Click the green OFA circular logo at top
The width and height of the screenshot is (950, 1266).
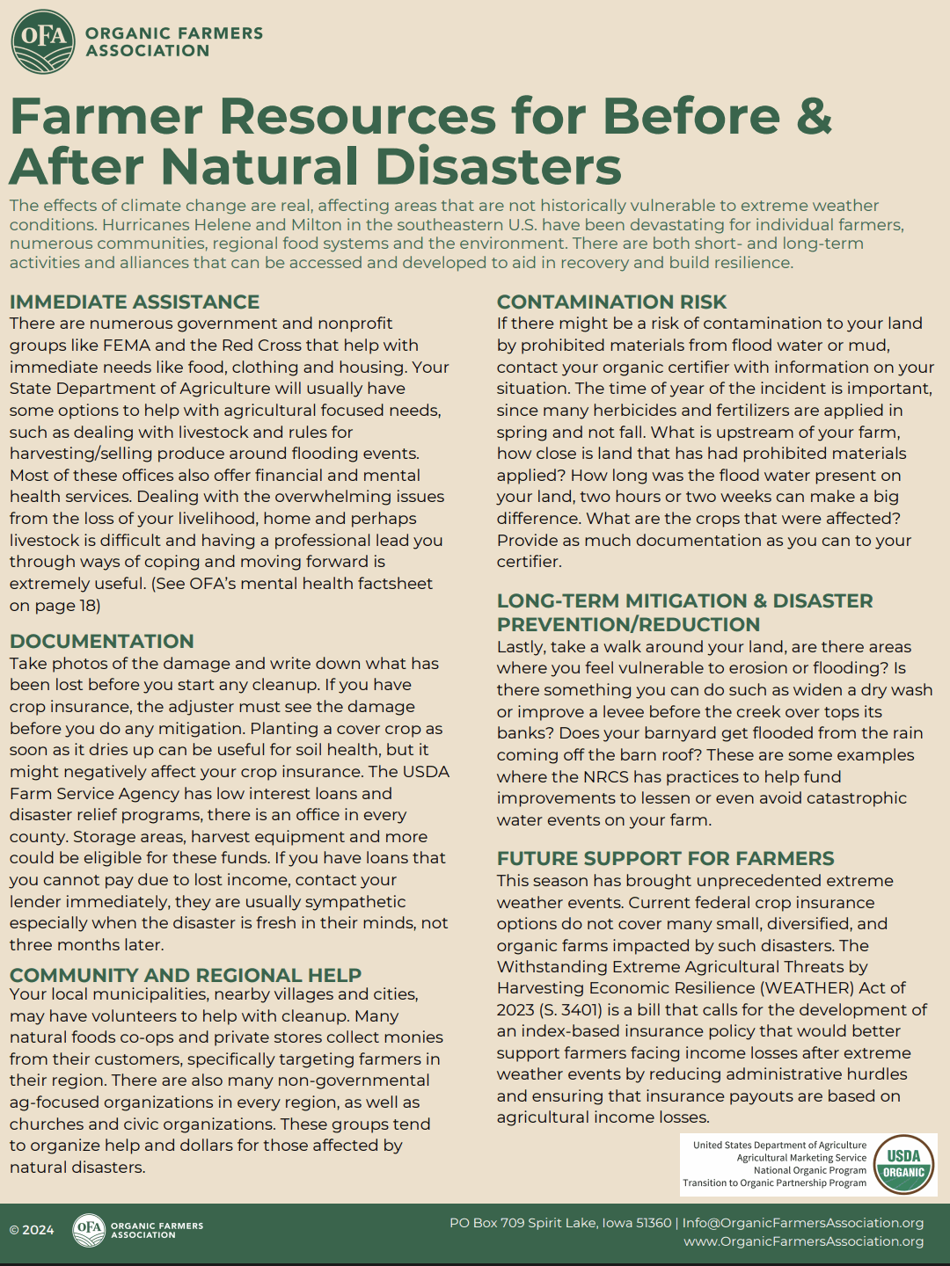[43, 41]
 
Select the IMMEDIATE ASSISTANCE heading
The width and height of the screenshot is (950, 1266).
[135, 302]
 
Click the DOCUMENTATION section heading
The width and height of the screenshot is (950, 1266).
[102, 642]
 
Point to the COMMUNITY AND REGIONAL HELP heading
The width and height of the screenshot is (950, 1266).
[186, 975]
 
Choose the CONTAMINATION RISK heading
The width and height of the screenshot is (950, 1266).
[611, 302]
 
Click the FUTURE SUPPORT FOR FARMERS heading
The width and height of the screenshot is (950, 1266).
[666, 859]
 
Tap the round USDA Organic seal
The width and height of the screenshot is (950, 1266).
[903, 1165]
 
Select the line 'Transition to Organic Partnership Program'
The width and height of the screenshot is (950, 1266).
[774, 1183]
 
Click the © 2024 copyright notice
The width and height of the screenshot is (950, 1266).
[32, 1230]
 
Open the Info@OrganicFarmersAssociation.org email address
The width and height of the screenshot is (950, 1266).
[803, 1223]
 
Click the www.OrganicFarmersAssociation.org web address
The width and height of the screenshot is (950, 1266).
[804, 1241]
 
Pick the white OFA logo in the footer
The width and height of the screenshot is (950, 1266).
[88, 1230]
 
